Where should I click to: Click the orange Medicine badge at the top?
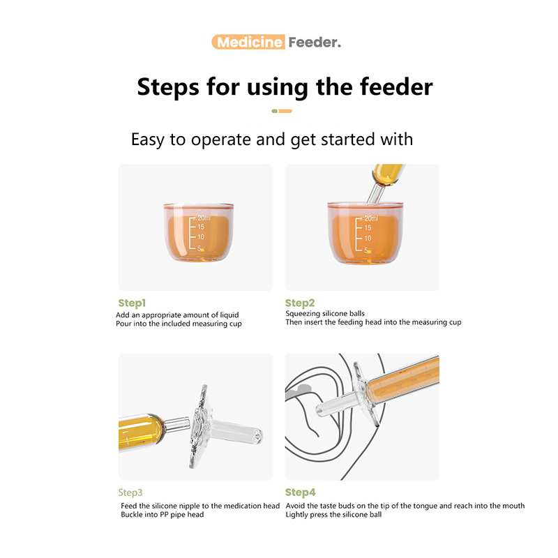248,42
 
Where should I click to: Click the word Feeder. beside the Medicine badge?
315,43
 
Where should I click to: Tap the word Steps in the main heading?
168,87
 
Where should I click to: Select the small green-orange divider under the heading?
282,111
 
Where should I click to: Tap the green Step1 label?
132,303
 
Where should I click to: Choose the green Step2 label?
300,303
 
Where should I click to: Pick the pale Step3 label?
130,492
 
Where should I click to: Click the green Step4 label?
301,492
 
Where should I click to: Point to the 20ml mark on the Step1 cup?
204,218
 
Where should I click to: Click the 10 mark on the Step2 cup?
368,238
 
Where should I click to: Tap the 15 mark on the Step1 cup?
201,227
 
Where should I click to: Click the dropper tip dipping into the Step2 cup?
374,195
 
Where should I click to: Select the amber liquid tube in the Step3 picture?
141,432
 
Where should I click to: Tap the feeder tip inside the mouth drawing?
319,411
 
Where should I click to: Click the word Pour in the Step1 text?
124,324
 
